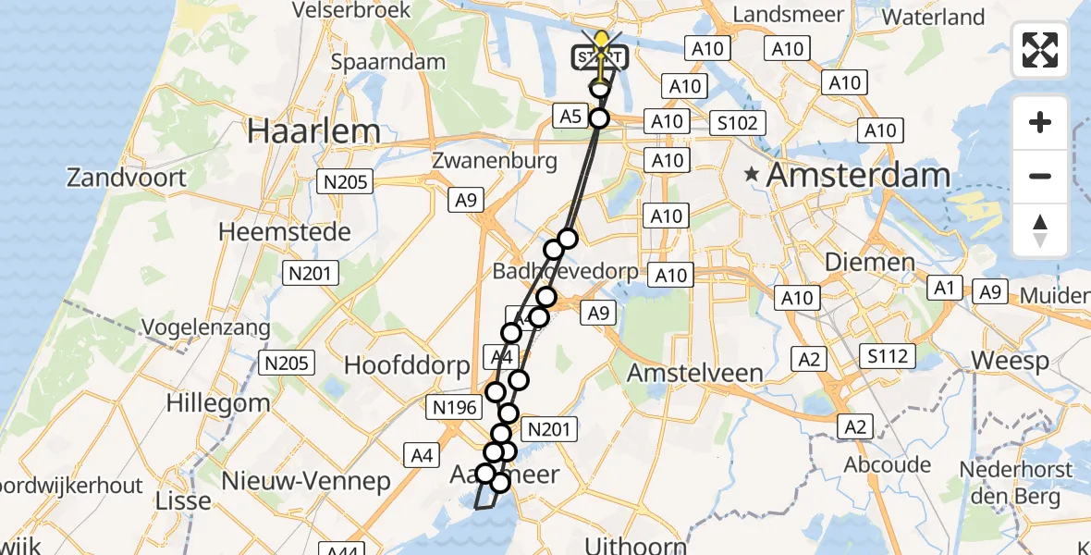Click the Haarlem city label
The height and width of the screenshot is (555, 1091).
[x=313, y=131]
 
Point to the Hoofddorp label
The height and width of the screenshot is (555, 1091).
[x=407, y=365]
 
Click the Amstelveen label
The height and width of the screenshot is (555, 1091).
[x=695, y=373]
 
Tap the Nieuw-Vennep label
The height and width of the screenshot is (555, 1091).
[x=306, y=481]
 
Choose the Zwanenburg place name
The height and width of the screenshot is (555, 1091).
[x=495, y=161]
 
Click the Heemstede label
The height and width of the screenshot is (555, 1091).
[x=285, y=230]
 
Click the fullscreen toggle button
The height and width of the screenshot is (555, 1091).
[x=1040, y=50]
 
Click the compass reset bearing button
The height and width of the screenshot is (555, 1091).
[x=1040, y=230]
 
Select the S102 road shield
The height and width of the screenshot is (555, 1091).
[x=737, y=123]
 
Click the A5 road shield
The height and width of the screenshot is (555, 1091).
[x=570, y=117]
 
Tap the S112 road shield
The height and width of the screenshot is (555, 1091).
[x=887, y=356]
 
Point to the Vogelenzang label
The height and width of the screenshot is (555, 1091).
[x=207, y=327]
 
